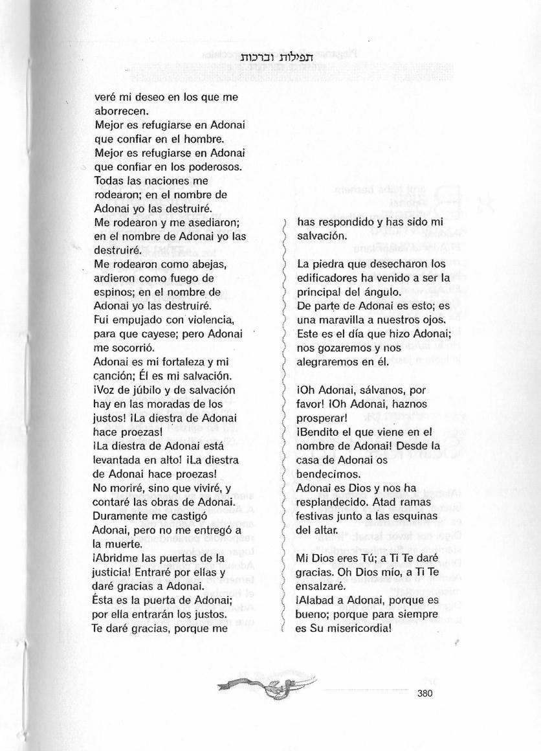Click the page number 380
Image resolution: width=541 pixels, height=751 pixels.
[424, 693]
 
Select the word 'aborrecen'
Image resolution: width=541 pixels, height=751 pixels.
[118, 111]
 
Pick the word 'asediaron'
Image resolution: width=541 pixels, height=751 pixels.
[214, 223]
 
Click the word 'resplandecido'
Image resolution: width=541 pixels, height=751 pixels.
[330, 502]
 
